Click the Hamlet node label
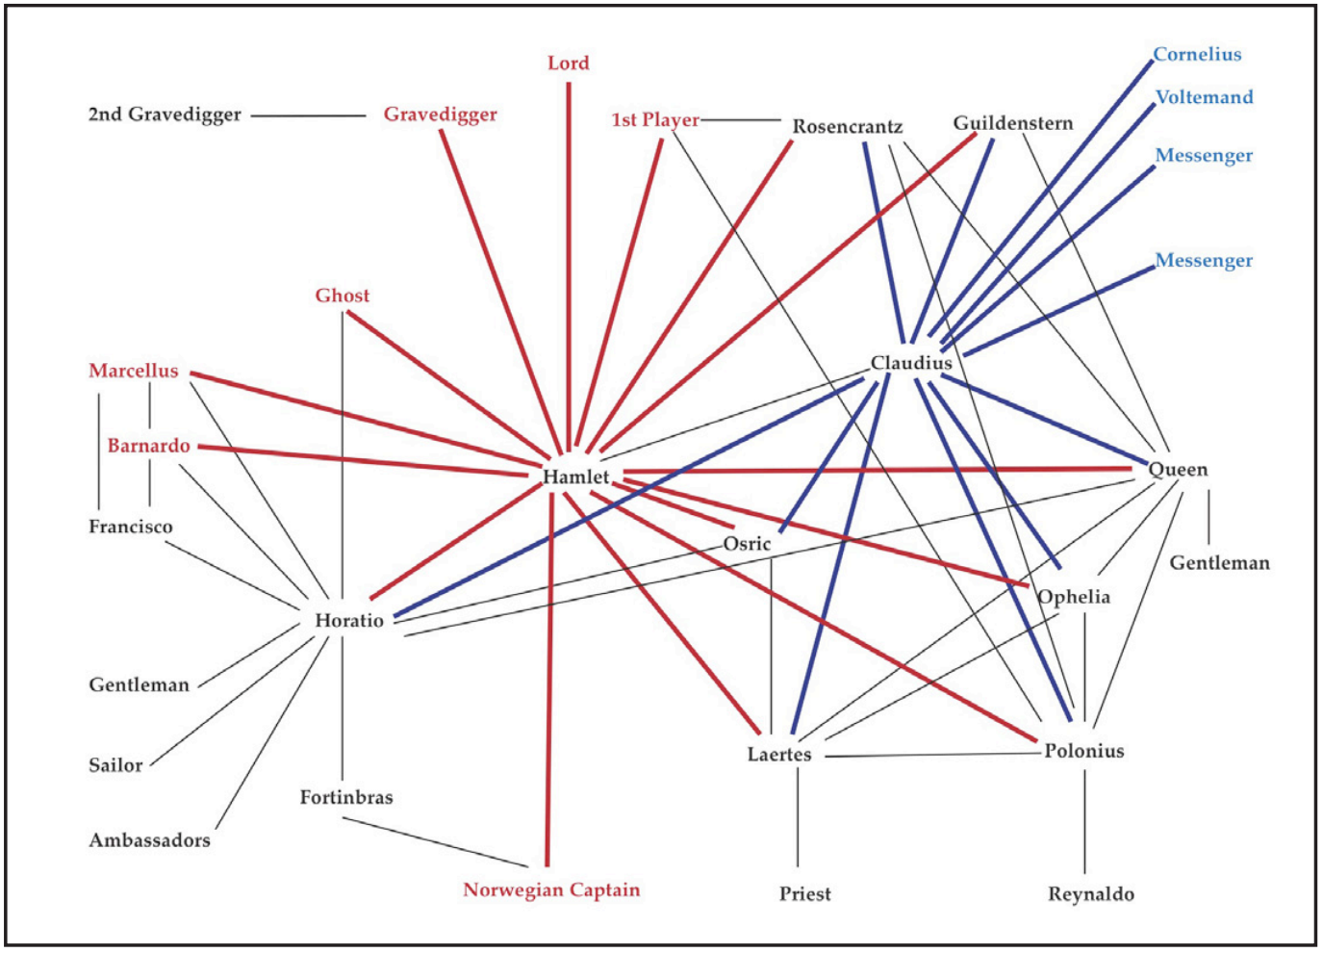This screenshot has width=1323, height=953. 575,476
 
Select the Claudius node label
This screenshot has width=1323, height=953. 911,363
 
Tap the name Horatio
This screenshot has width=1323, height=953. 349,621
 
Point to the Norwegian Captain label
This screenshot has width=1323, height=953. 551,889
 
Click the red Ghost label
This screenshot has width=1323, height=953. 343,296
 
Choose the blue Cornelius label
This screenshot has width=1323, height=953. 1197,55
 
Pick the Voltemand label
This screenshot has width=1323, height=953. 1204,97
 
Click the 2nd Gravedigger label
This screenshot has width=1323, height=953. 165,115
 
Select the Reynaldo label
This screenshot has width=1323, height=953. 1091,894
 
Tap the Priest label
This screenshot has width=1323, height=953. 805,894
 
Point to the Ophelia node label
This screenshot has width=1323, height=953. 1074,597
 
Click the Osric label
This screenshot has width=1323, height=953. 748,544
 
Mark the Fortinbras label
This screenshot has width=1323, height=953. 346,797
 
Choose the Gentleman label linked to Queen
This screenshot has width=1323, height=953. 1219,563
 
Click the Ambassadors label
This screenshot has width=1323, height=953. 149,840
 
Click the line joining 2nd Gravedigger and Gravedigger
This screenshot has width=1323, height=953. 308,116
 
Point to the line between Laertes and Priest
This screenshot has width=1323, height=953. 798,818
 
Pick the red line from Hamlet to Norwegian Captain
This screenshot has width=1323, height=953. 549,693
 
